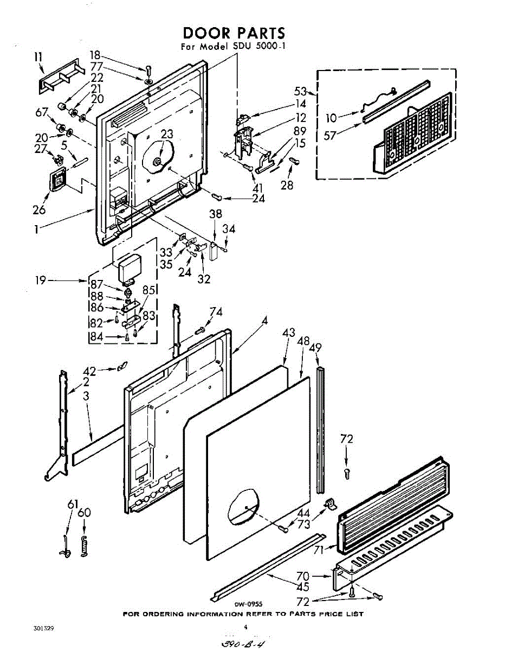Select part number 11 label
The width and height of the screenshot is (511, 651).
(x=38, y=56)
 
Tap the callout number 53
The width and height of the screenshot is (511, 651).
(x=300, y=91)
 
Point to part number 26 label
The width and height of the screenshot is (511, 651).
(x=39, y=210)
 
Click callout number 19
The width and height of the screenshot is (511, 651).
(x=41, y=280)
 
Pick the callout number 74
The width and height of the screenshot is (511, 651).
(x=216, y=312)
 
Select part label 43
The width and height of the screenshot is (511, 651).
(x=288, y=333)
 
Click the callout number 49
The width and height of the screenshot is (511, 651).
(x=315, y=348)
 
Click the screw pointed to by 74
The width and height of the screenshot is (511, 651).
(x=199, y=331)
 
